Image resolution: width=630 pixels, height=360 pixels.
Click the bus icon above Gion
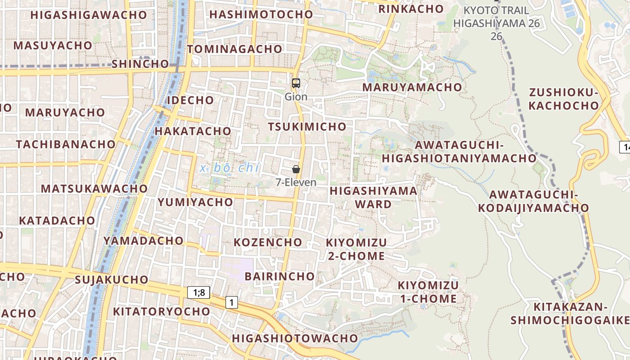(296, 83)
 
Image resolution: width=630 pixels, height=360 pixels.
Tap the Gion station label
(296, 97)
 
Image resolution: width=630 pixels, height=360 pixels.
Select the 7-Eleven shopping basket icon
(296, 169)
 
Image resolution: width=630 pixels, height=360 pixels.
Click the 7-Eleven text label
(296, 183)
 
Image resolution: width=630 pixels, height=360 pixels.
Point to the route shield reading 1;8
(198, 293)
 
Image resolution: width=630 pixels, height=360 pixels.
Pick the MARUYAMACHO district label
(412, 87)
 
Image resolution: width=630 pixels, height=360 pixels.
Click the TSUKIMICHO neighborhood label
(307, 127)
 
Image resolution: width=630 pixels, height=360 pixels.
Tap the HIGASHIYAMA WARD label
(373, 198)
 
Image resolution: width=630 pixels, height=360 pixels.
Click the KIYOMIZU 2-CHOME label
(356, 249)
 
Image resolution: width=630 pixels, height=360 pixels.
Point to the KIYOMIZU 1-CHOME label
(427, 292)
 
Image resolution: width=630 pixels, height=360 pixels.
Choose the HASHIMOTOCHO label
(261, 14)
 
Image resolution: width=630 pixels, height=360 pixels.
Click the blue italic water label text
(230, 168)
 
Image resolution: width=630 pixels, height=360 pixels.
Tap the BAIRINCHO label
(279, 276)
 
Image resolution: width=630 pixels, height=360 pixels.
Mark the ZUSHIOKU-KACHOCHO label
(563, 99)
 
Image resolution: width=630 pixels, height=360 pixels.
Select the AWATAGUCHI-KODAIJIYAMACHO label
(533, 201)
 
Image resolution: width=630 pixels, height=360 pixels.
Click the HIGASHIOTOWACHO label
(295, 338)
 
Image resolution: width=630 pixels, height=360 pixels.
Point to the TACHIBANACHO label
(66, 144)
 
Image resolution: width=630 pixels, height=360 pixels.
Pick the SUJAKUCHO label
(112, 280)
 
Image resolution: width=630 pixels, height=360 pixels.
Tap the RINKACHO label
(411, 9)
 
